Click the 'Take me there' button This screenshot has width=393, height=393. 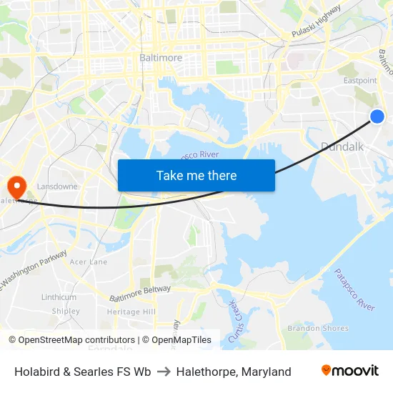tap(196, 175)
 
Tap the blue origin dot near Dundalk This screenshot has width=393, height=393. tap(377, 116)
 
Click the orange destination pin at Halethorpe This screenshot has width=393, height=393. tap(15, 187)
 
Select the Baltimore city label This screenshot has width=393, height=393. tap(160, 57)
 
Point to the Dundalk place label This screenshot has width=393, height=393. tap(342, 146)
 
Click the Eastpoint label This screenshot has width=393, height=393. tap(360, 81)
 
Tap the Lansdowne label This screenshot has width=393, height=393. tap(57, 186)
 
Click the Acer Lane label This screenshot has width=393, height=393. tap(89, 262)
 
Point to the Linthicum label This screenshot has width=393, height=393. tap(59, 297)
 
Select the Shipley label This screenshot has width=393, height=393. tap(66, 312)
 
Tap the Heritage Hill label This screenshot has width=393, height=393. tap(131, 312)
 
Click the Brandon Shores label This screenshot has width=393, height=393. tap(318, 329)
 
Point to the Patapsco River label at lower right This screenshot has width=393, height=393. tap(354, 289)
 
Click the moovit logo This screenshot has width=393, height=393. tap(349, 371)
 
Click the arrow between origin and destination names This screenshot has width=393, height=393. tap(164, 372)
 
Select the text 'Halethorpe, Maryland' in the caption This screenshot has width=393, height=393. tap(234, 372)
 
